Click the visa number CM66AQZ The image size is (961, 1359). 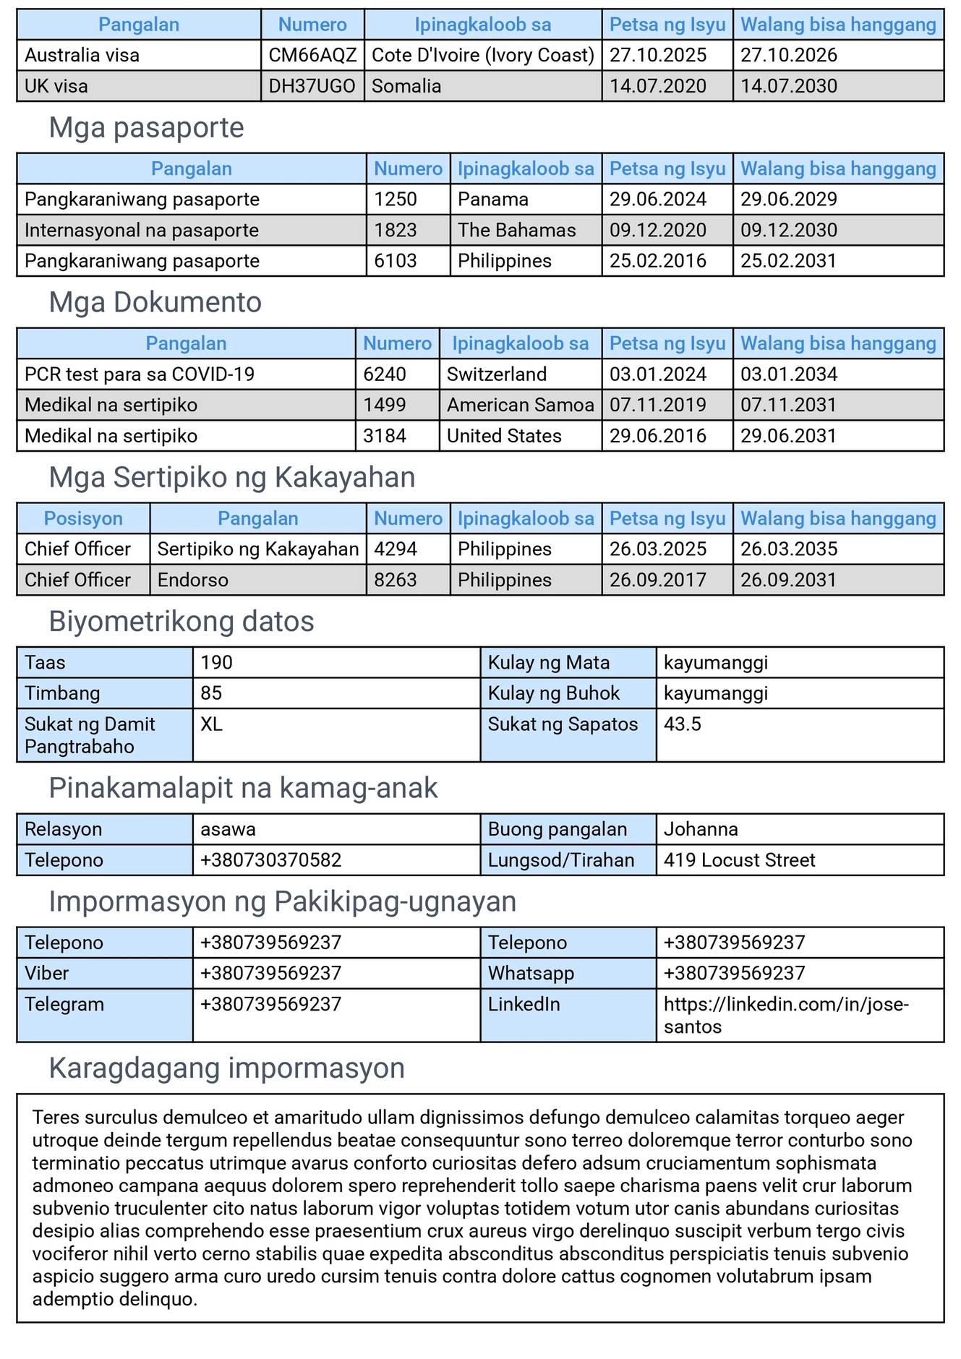[312, 56]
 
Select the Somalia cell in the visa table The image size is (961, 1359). [406, 86]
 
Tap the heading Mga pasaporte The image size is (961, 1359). [147, 128]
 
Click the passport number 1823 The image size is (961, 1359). [396, 231]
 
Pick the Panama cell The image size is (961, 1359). [493, 200]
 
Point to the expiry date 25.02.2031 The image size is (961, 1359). [788, 261]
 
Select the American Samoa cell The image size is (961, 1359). [520, 405]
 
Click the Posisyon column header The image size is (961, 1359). [83, 518]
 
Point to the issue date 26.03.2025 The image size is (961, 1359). [658, 549]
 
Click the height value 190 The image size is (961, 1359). [217, 663]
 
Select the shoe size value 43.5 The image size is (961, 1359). [683, 724]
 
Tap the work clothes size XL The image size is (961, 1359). [211, 724]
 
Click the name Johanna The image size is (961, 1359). [701, 829]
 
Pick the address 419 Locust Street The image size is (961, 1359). [739, 860]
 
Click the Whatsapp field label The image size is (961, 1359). [531, 973]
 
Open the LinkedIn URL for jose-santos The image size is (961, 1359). [786, 1015]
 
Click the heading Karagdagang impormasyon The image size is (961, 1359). [227, 1068]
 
